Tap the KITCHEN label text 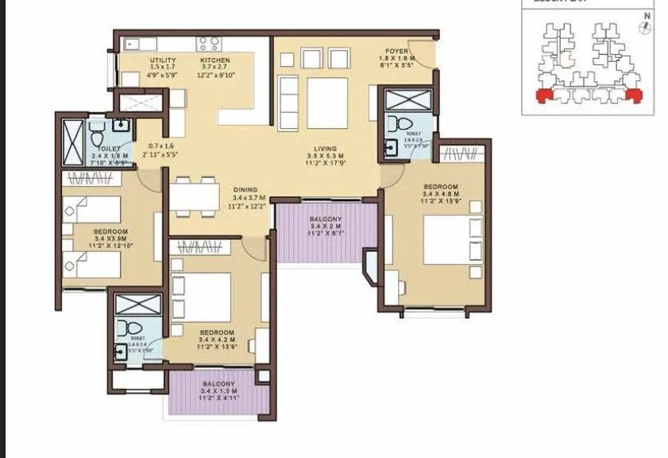pyautogui.click(x=214, y=60)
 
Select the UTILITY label pyautogui.click(x=163, y=60)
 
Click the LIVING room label pyautogui.click(x=324, y=149)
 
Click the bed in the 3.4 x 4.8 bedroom pyautogui.click(x=448, y=239)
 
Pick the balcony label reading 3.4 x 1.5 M pyautogui.click(x=218, y=391)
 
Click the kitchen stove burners pyautogui.click(x=208, y=43)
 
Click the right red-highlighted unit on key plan pyautogui.click(x=634, y=95)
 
